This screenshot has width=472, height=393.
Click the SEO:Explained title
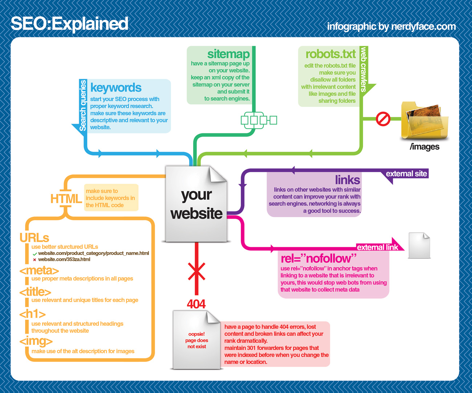click(x=69, y=24)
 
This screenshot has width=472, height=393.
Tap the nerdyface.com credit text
click(x=391, y=26)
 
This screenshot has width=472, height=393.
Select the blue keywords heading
click(x=116, y=88)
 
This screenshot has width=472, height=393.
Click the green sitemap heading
click(x=228, y=54)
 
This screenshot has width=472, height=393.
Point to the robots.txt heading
click(x=330, y=54)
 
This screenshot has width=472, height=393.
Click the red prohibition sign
click(x=383, y=119)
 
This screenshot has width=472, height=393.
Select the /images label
click(x=424, y=147)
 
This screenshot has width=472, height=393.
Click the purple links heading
click(x=347, y=180)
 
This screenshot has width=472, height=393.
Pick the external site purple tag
click(x=406, y=174)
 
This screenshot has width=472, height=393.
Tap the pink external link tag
click(x=378, y=247)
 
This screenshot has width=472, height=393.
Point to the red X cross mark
click(x=196, y=271)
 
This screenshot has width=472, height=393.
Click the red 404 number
click(x=196, y=303)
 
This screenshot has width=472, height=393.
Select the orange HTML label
click(x=66, y=199)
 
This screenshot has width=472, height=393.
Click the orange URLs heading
click(x=34, y=238)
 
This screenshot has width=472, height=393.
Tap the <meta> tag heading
click(x=39, y=270)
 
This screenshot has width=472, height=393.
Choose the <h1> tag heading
click(x=32, y=314)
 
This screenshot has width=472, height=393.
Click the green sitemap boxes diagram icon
click(x=259, y=120)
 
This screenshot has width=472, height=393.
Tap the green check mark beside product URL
click(x=35, y=254)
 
